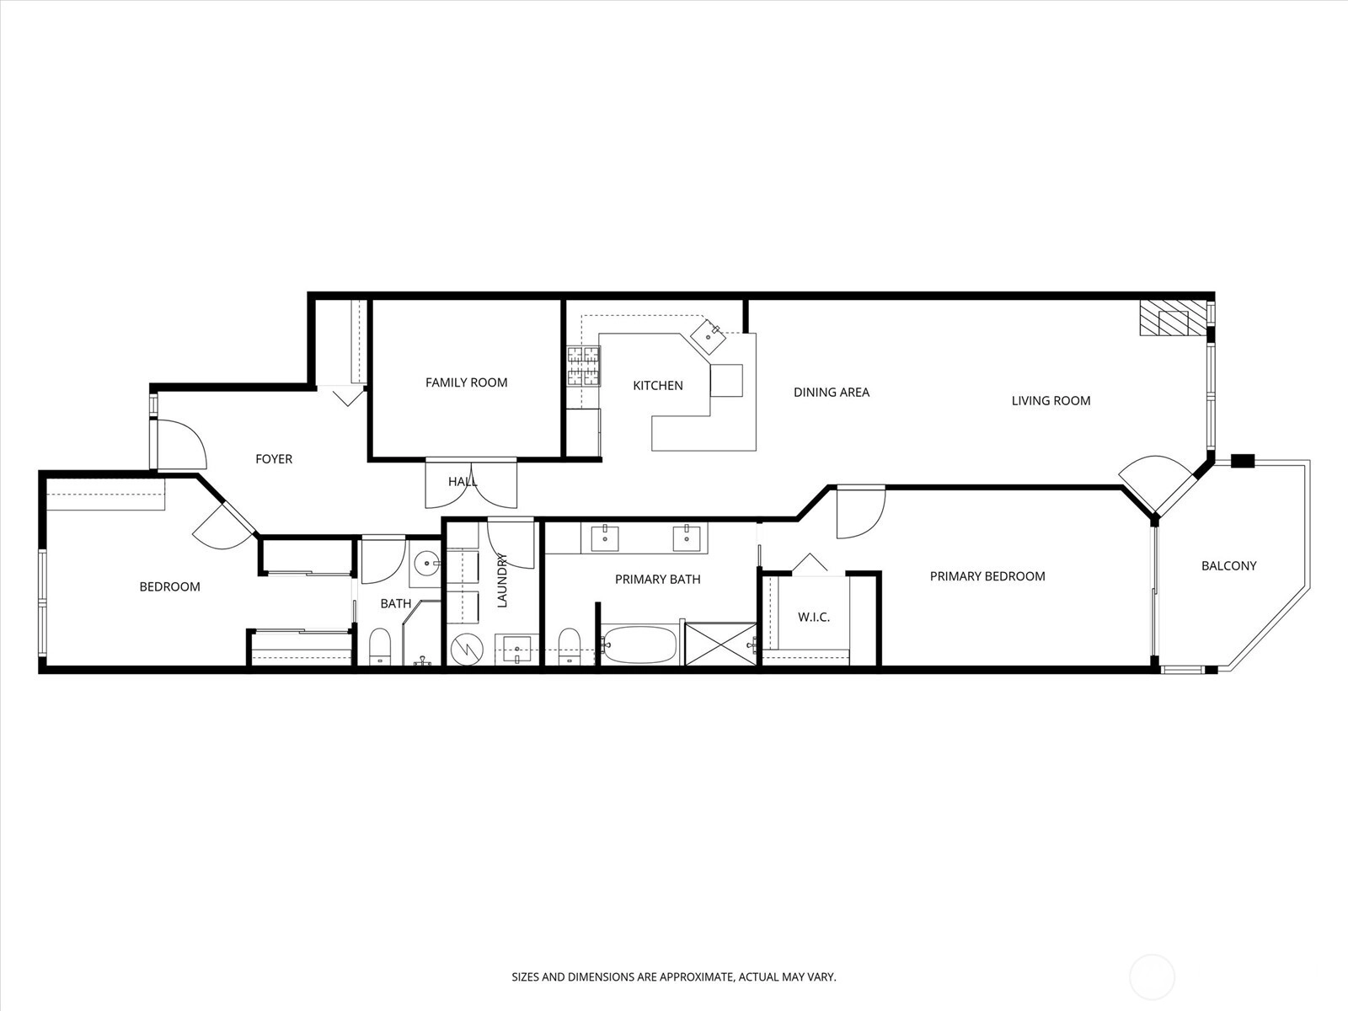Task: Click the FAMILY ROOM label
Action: [466, 382]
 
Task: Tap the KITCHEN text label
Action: [658, 386]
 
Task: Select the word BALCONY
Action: [1229, 566]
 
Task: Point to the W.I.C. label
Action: [814, 618]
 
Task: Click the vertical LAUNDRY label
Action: [502, 580]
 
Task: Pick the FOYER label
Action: [274, 459]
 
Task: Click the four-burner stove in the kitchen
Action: [583, 366]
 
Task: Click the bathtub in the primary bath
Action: [639, 645]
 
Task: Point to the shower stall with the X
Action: [720, 644]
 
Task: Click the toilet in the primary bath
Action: [570, 646]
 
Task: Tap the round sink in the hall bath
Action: [425, 562]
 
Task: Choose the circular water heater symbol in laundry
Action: [467, 648]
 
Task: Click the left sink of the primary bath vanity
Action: [605, 538]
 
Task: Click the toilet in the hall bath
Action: [379, 646]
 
